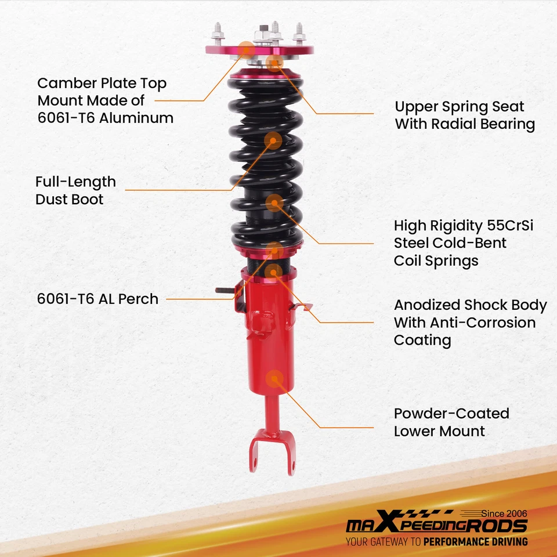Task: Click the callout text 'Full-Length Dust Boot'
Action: click(75, 190)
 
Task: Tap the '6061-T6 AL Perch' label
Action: click(97, 299)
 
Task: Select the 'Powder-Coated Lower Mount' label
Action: click(451, 422)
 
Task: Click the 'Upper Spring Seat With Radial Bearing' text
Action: click(465, 115)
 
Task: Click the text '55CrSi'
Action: click(509, 225)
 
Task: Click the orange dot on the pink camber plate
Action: click(247, 49)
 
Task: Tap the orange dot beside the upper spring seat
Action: click(274, 63)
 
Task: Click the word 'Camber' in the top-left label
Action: click(64, 83)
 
